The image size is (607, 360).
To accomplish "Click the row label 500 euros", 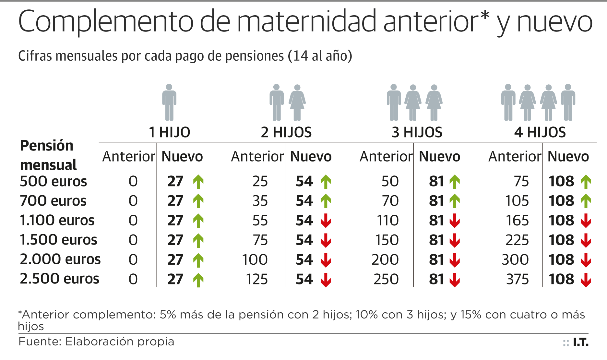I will pos(54,181).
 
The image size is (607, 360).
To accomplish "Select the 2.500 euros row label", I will pos(60,279).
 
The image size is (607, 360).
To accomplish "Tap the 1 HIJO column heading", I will pos(169,132).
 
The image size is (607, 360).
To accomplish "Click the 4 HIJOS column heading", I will pos(540,132).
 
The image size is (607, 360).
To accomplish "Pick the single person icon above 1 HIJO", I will pos(169,102).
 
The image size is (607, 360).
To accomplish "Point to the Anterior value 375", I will pos(517,279).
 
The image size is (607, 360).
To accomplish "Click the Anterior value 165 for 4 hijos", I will pos(517,221).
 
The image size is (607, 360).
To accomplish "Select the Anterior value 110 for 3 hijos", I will pos(387,221).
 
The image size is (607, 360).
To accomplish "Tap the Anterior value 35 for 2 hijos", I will pos(260,201).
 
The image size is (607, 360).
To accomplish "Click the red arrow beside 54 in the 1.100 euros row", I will pos(326,221).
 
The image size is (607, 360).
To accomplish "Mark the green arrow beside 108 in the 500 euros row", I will pos(586,182).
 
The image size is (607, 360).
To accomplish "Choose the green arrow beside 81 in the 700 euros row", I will pos(455,201).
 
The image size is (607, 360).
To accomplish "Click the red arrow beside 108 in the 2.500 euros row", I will pos(586,280).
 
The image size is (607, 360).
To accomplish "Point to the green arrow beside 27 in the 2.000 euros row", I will pos(198,260).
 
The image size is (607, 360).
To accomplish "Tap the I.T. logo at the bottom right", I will pos(576,342).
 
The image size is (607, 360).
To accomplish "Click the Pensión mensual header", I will pos(48,155).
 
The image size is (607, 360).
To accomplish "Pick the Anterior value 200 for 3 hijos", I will pos(385,260).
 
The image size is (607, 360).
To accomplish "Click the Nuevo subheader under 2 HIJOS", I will pos(311,157).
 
